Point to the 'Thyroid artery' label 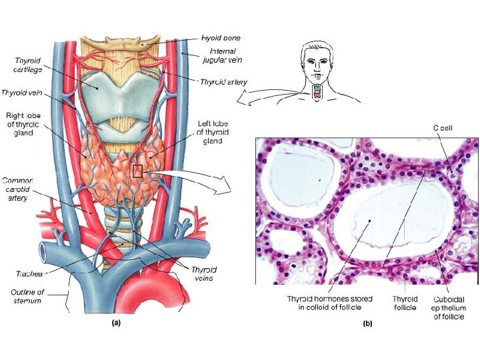point(223,82)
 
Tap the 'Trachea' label point(29,273)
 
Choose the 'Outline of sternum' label point(27,297)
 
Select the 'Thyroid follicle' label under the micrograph point(405,303)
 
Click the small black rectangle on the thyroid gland point(137,171)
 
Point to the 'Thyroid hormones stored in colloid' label point(329,303)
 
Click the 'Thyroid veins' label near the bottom point(204,273)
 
